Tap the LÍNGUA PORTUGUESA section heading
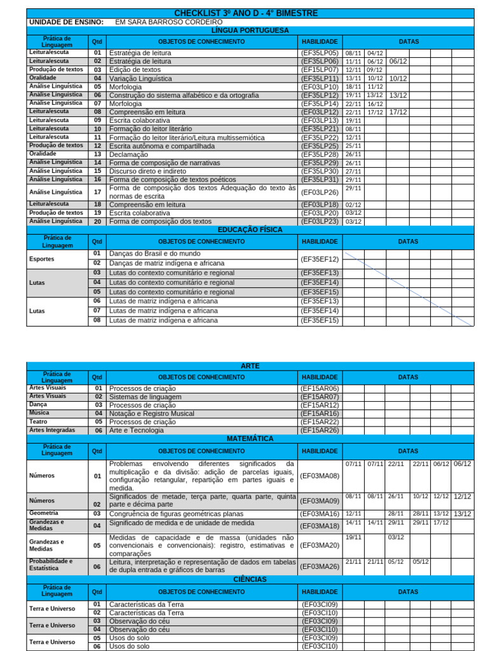click(x=250, y=31)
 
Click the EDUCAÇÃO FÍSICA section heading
click(x=250, y=230)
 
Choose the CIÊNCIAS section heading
click(x=250, y=580)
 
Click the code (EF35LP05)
click(x=320, y=53)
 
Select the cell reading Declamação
click(x=129, y=154)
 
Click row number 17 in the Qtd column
click(x=97, y=192)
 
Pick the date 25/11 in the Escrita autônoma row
click(x=353, y=146)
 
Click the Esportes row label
click(x=42, y=259)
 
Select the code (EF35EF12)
click(x=320, y=259)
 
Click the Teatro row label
click(x=38, y=421)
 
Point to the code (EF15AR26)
click(x=320, y=430)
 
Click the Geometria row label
click(x=44, y=513)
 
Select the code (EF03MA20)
click(x=320, y=545)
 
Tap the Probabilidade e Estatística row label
click(x=51, y=565)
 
